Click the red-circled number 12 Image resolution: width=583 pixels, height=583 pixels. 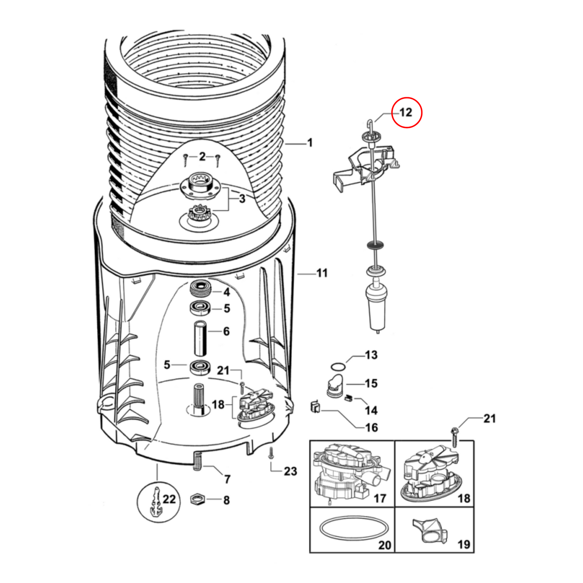pos(406,113)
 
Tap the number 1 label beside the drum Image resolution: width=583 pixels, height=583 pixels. pos(309,143)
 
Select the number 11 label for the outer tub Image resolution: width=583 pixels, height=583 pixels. pos(322,274)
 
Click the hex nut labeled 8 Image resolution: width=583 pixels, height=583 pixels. pos(197,499)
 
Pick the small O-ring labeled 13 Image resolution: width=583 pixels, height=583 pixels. pos(338,367)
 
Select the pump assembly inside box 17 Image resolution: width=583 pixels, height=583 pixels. pos(347,472)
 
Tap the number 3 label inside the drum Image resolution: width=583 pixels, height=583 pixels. pos(242,199)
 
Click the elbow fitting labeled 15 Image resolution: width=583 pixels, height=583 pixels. pos(334,384)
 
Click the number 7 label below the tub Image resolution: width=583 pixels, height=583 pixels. pos(227,479)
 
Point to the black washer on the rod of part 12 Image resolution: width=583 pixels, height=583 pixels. pos(375,244)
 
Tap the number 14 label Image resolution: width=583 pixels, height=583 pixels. pos(371,411)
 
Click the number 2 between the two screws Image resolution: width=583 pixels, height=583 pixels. pos(202,156)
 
